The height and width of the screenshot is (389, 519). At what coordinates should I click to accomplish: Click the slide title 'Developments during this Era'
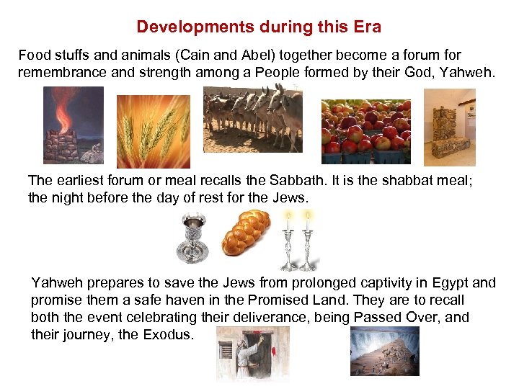pyautogui.click(x=259, y=27)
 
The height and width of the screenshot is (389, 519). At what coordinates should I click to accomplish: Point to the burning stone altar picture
pyautogui.click(x=74, y=125)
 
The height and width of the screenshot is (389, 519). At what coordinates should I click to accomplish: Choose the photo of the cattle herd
pyautogui.click(x=253, y=119)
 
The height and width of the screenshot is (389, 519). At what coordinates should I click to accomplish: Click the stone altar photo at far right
pyautogui.click(x=449, y=127)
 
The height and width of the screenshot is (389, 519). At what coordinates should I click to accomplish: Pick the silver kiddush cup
pyautogui.click(x=193, y=240)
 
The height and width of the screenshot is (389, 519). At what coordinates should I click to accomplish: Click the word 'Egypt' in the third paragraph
pyautogui.click(x=453, y=283)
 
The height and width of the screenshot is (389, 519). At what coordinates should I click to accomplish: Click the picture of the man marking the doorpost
pyautogui.click(x=252, y=354)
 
